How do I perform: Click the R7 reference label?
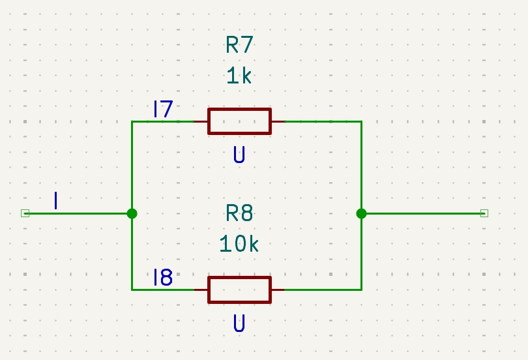pos(239,45)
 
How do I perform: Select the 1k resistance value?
pos(239,76)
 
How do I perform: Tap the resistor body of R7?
pos(239,121)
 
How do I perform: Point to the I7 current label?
pos(162,109)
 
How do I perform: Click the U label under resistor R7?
pos(239,155)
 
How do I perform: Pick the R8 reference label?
pos(239,213)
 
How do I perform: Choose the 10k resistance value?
pos(239,244)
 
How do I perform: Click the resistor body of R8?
pos(239,290)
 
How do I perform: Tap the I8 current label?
pos(162,278)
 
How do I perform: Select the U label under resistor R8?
pos(239,323)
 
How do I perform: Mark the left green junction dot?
pos(132,213)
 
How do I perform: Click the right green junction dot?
pos(361,213)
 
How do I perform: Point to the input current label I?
pos(57,201)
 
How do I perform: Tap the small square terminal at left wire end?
pos(25,213)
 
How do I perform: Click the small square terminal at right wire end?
pos(484,213)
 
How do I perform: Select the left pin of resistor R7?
pos(201,121)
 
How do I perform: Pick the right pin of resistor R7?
pos(278,121)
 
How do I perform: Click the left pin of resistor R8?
pos(201,290)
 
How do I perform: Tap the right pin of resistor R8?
pos(278,290)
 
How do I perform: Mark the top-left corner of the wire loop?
pos(132,121)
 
